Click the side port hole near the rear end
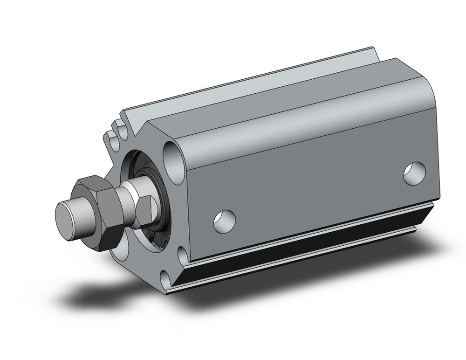414,172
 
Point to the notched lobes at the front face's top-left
116,133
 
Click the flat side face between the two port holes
317,191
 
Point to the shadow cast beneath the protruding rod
93,289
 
